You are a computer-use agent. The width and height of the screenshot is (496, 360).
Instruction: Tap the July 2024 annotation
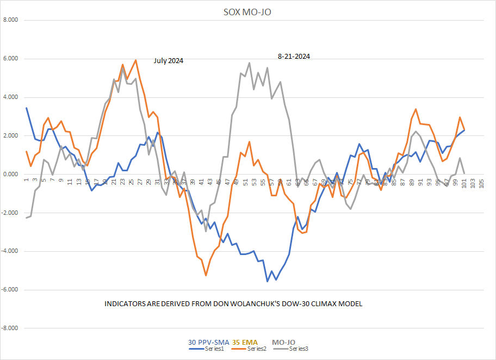point(168,61)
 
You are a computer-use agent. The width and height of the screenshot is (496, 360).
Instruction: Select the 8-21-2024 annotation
point(294,56)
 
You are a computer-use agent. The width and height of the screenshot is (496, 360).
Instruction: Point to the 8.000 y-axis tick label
point(10,20)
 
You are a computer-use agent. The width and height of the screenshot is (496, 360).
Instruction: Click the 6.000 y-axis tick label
point(10,59)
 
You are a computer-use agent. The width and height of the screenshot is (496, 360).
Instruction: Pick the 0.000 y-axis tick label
point(10,175)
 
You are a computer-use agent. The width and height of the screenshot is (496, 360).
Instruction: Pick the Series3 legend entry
point(299,349)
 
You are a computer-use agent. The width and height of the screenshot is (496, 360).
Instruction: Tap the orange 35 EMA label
point(248,342)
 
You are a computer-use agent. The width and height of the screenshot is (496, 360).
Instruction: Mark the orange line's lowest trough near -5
point(206,275)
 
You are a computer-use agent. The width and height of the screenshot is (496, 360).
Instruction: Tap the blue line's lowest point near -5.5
point(267,281)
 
